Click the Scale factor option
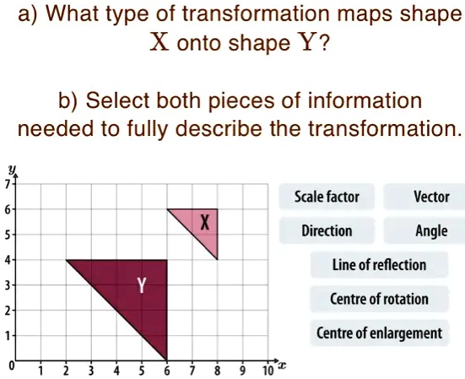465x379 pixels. click(326, 197)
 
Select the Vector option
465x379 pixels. click(430, 197)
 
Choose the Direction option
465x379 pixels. click(327, 230)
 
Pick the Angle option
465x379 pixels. click(431, 230)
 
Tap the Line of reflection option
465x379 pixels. click(379, 264)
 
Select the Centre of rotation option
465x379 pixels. click(379, 299)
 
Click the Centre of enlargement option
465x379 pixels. click(379, 333)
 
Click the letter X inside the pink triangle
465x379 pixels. click(204, 223)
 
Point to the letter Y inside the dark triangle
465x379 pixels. click(142, 286)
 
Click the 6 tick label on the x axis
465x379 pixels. click(167, 370)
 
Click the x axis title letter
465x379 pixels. click(283, 367)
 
